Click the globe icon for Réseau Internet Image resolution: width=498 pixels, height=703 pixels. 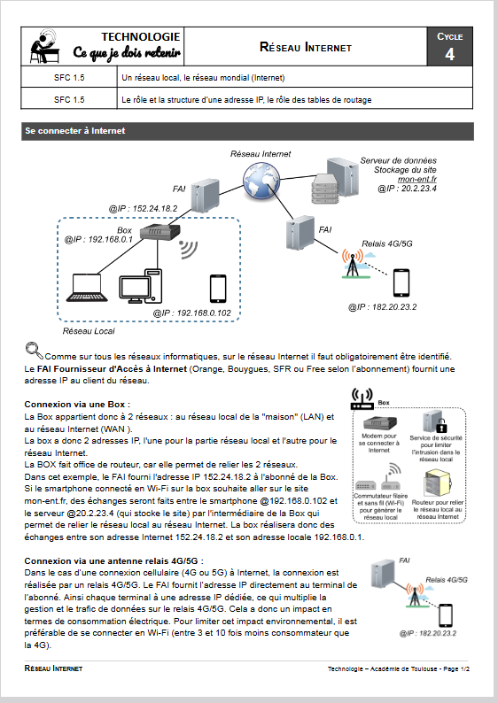click(261, 181)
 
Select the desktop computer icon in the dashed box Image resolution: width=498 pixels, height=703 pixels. click(140, 286)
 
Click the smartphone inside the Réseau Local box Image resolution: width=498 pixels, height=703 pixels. click(218, 289)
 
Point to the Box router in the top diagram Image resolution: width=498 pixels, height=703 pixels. click(160, 232)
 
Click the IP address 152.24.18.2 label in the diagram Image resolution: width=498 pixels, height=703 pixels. click(144, 208)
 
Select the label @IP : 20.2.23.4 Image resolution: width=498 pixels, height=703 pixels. click(407, 189)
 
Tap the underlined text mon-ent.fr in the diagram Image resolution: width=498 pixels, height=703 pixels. click(417, 179)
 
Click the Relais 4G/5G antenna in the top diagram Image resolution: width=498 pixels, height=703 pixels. click(354, 264)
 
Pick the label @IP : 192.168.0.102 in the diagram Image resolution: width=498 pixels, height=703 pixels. click(192, 313)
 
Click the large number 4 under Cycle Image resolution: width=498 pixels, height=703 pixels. click(449, 54)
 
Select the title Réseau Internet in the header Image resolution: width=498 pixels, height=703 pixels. click(306, 47)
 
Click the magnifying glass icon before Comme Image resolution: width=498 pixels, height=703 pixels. click(34, 351)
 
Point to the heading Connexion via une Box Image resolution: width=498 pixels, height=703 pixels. click(77, 405)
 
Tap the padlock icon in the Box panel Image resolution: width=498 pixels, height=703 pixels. click(442, 426)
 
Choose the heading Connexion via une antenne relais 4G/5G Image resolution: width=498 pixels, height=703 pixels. click(114, 560)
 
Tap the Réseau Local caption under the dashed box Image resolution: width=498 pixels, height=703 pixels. click(89, 331)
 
